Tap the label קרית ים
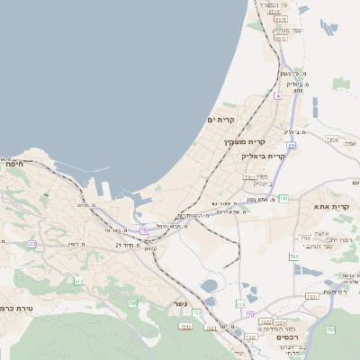point(220,120)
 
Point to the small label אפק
point(352,143)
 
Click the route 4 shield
point(278,94)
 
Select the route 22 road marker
point(292,145)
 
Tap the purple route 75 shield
point(143,231)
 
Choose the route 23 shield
point(33,244)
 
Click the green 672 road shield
point(78,282)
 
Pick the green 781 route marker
point(283,198)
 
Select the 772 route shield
point(240,305)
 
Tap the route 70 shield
point(250,315)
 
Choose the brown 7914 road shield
point(331,139)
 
